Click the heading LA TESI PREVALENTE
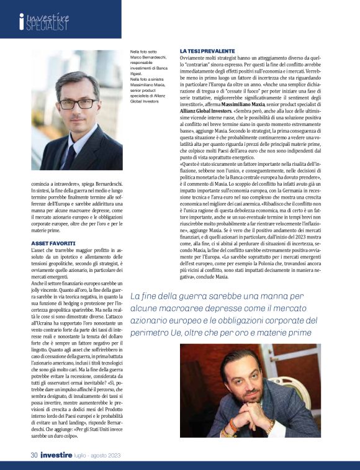point(207,50)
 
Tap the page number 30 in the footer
point(35,454)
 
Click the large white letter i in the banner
point(22,22)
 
